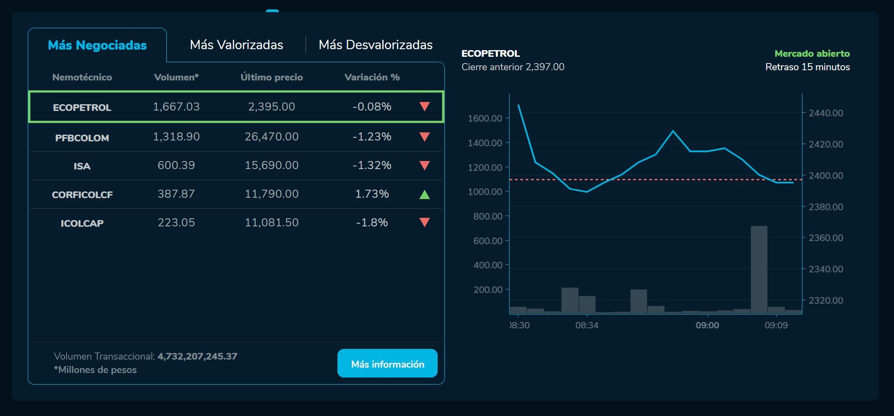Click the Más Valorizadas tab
236,45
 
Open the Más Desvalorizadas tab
375,45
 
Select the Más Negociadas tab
97,45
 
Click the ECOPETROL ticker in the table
82,107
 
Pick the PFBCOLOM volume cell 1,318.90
176,137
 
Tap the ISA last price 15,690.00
271,166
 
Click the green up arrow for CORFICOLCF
425,194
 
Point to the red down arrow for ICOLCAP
425,222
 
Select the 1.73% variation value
372,194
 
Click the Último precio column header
271,77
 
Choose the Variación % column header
372,77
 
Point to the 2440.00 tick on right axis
826,113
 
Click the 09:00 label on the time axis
707,326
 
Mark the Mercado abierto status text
812,54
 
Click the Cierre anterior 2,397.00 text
513,67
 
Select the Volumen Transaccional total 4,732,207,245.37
197,357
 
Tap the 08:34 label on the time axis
586,326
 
